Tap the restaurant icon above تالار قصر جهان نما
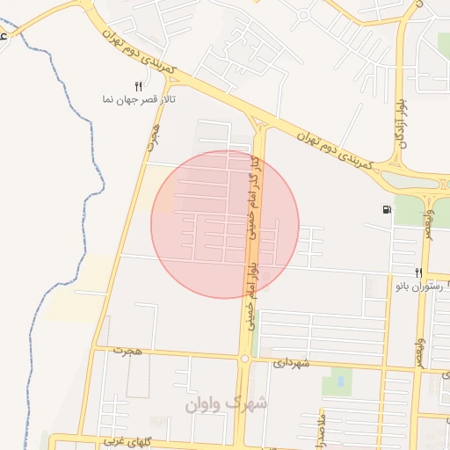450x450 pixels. (x=138, y=85)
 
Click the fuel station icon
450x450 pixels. (x=387, y=209)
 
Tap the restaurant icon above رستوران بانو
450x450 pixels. (x=419, y=272)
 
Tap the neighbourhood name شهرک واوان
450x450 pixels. (x=225, y=403)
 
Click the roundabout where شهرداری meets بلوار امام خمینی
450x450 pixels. (x=243, y=358)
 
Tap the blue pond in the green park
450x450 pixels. (x=337, y=382)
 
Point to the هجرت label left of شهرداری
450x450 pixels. (x=132, y=352)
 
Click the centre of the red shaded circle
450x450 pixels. (x=225, y=224)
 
